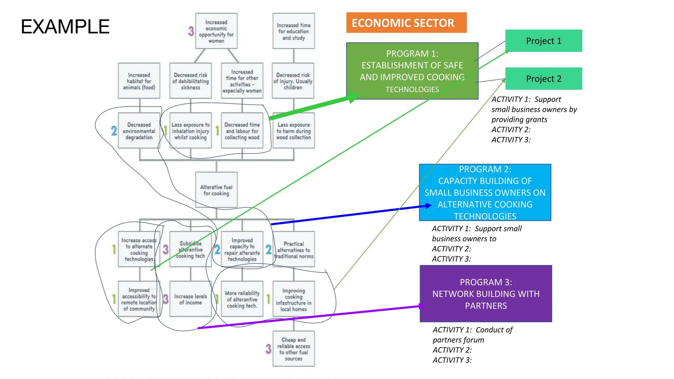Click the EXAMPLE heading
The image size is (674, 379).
pyautogui.click(x=65, y=27)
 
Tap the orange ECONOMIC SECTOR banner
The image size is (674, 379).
pyautogui.click(x=406, y=23)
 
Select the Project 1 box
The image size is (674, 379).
pyautogui.click(x=543, y=41)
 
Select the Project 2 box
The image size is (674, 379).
pyautogui.click(x=543, y=79)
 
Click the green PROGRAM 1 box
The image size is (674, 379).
pyautogui.click(x=412, y=71)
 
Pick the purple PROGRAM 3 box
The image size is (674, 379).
pyautogui.click(x=486, y=293)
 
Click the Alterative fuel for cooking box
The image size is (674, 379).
pyautogui.click(x=216, y=190)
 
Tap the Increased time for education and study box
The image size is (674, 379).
pyautogui.click(x=294, y=31)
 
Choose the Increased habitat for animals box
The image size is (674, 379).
pyautogui.click(x=139, y=81)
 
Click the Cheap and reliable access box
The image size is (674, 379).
pyautogui.click(x=294, y=349)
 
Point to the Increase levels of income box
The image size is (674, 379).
pyautogui.click(x=191, y=299)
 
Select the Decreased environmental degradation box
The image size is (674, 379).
pyautogui.click(x=139, y=131)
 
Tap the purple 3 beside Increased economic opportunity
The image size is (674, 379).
pyautogui.click(x=191, y=31)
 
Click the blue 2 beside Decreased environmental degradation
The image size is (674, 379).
pyautogui.click(x=114, y=131)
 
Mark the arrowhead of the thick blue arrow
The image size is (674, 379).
pyautogui.click(x=428, y=206)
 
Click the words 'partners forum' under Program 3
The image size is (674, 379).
pyautogui.click(x=458, y=340)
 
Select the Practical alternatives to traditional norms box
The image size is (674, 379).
pyautogui.click(x=294, y=249)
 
